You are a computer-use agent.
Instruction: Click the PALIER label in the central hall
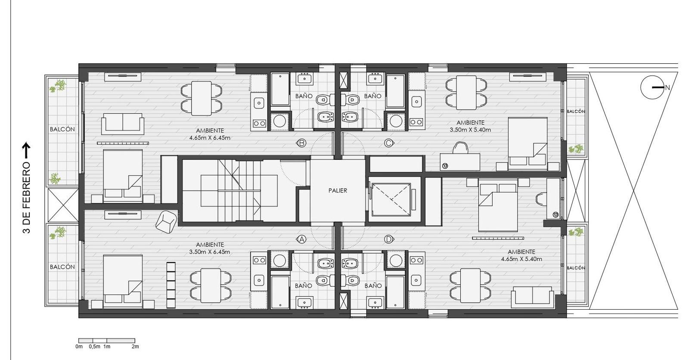338,190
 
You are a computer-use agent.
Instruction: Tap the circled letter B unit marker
301,143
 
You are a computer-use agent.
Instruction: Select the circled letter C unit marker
389,143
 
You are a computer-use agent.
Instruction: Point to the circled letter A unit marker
301,239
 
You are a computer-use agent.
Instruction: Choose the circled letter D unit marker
389,239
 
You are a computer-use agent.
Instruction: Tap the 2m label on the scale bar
135,347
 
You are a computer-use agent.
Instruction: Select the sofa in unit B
123,124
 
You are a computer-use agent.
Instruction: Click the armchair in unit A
166,221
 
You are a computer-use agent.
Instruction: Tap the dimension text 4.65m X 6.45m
210,138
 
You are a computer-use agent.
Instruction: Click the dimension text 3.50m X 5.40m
470,130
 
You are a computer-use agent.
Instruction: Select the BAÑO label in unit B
304,96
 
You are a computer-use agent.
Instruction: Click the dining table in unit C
466,93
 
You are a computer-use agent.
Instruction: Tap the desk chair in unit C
460,148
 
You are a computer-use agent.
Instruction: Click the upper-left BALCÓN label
62,129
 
